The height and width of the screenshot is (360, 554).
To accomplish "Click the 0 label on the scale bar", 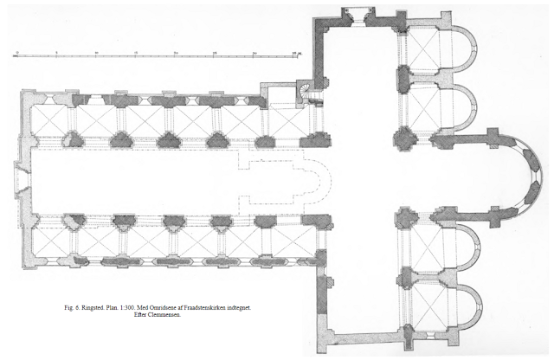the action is (17, 53).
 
